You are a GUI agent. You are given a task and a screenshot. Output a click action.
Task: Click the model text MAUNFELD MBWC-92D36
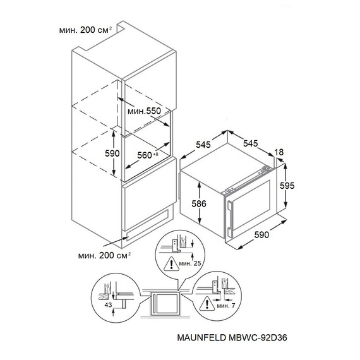[x=232, y=337]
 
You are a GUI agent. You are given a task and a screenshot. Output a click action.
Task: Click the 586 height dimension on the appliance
[x=199, y=203]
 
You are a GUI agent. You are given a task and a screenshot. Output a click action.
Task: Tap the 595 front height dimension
[x=287, y=186]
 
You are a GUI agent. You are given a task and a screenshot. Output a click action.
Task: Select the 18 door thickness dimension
[x=279, y=152]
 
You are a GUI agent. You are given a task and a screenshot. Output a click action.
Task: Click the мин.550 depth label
[x=144, y=111]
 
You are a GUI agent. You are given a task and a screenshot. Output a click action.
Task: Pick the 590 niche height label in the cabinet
[x=112, y=153]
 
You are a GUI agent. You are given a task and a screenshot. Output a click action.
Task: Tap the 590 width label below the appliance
[x=261, y=235]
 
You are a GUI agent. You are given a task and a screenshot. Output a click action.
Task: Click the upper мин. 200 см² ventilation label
[x=85, y=30]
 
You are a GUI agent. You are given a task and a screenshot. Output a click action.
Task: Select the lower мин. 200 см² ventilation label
[x=104, y=255]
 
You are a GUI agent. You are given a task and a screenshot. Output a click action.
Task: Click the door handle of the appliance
[x=229, y=218]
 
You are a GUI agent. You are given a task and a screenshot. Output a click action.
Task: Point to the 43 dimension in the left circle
[x=108, y=304]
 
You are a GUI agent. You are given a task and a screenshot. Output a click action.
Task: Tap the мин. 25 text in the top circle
[x=190, y=263]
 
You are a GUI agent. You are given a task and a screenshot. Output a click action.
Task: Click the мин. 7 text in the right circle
[x=226, y=306]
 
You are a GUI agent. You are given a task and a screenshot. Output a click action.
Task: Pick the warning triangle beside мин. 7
[x=207, y=304]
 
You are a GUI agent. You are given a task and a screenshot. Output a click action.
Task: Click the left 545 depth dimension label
[x=203, y=145]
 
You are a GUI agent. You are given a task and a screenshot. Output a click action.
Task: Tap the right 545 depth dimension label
[x=251, y=143]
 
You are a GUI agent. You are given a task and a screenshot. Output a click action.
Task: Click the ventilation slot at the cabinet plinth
[x=147, y=225]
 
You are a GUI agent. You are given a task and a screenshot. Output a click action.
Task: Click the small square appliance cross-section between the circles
[x=165, y=304]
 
